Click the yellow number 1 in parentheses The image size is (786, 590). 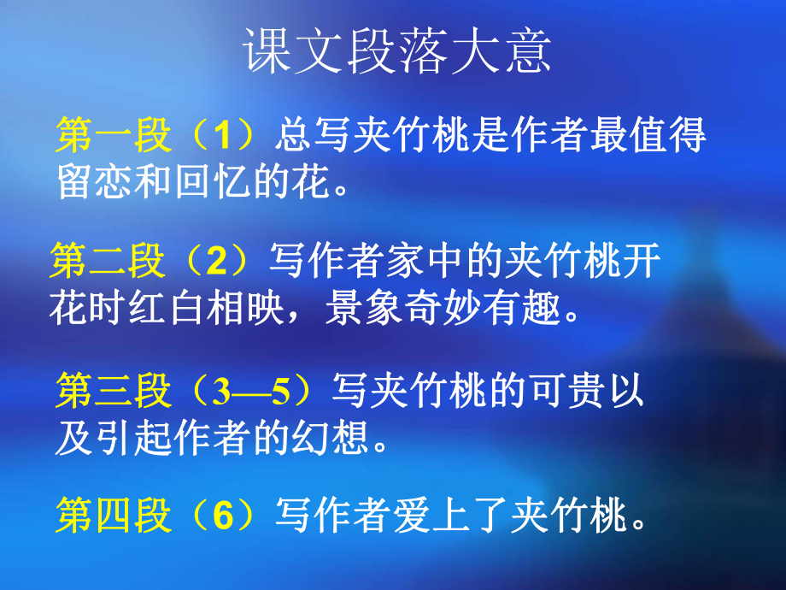[x=223, y=135]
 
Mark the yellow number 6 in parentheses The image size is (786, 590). [x=223, y=516]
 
